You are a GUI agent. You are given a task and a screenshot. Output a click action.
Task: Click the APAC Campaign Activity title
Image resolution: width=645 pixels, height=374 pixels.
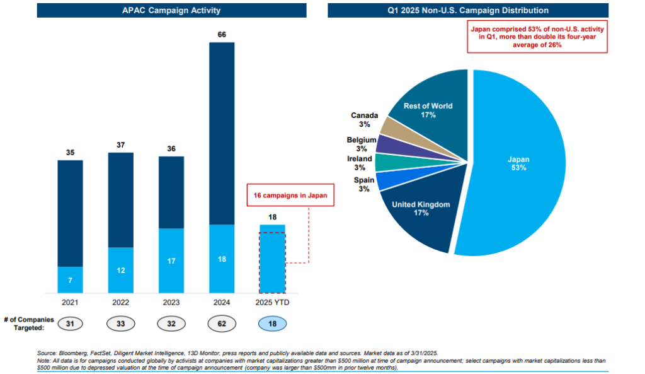(x=171, y=10)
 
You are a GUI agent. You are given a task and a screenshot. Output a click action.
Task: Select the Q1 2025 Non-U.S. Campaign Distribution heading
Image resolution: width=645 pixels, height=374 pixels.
(x=468, y=10)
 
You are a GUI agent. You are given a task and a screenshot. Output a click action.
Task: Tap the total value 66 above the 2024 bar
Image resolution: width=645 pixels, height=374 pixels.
(x=221, y=35)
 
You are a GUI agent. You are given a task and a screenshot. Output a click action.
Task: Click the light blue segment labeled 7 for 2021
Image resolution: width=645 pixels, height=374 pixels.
(x=70, y=279)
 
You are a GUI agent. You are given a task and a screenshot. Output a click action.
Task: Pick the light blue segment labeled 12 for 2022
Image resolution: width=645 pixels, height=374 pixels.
(x=120, y=270)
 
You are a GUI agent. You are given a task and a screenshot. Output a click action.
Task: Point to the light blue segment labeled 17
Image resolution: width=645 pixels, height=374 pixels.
(x=171, y=260)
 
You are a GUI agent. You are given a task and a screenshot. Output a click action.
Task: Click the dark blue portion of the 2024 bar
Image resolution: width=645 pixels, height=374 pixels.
(x=221, y=132)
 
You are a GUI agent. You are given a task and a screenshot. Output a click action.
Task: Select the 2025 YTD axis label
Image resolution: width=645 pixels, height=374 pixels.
(x=272, y=302)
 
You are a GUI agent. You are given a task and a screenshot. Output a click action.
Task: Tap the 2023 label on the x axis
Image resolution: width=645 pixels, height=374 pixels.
(x=171, y=302)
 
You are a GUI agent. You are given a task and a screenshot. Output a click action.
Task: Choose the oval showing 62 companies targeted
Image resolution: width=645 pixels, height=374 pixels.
(x=221, y=324)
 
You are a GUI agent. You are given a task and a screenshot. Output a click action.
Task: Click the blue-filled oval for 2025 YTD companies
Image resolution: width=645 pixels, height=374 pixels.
(x=272, y=324)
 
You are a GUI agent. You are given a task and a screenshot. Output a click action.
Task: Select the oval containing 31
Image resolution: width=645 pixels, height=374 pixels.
(x=70, y=324)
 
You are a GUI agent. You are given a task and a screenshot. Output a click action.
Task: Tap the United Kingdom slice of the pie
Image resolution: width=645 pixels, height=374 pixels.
(x=421, y=211)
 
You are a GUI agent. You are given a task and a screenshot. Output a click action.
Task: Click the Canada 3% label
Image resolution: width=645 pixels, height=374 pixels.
(x=364, y=120)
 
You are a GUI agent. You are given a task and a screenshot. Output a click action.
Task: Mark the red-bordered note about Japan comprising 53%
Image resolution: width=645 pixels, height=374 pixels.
(x=537, y=37)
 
